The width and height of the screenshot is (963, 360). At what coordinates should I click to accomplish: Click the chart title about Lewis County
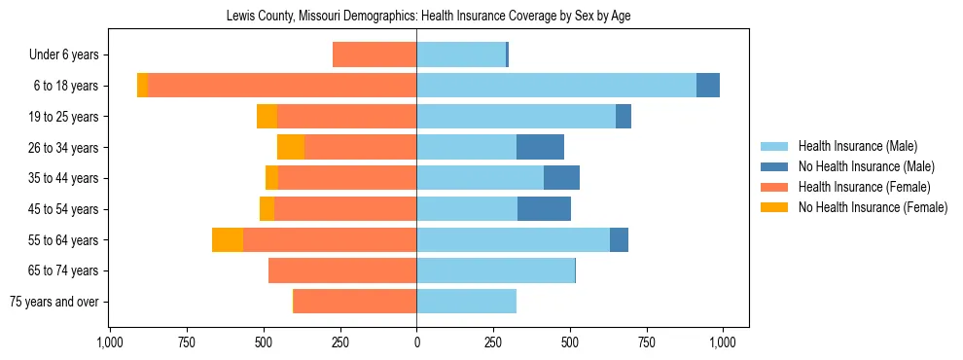(x=428, y=17)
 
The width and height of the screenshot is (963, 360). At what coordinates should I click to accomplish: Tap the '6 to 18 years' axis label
(x=65, y=86)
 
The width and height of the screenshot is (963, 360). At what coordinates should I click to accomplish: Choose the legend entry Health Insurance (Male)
(x=857, y=146)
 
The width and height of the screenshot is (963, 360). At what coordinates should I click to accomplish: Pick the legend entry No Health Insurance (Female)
(x=872, y=207)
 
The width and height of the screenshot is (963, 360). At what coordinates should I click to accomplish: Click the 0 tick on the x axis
(x=416, y=342)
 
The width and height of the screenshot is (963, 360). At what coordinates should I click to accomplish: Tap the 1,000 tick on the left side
(x=109, y=342)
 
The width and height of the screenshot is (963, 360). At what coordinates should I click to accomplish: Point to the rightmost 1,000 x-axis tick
(x=723, y=342)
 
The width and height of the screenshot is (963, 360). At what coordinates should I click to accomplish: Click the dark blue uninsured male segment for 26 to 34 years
(x=540, y=147)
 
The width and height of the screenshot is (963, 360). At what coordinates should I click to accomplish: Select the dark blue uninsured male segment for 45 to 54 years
(x=544, y=208)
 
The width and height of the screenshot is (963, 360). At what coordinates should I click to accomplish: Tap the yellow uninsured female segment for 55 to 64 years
(x=228, y=239)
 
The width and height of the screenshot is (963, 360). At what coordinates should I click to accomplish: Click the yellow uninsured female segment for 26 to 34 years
(x=291, y=147)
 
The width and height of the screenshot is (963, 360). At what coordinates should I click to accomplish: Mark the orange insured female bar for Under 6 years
(x=374, y=54)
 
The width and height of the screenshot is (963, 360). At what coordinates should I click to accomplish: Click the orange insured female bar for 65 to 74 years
(x=342, y=270)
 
